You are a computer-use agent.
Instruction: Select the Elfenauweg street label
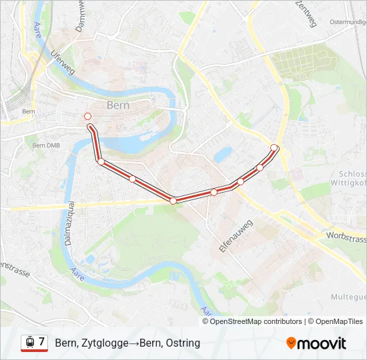236,236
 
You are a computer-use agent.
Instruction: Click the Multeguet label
348,297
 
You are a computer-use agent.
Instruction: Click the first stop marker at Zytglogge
87,117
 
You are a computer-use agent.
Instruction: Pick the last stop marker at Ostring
274,147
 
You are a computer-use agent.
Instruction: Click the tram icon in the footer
29,343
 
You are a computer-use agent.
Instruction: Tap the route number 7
41,342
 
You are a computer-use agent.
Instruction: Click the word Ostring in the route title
184,343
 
